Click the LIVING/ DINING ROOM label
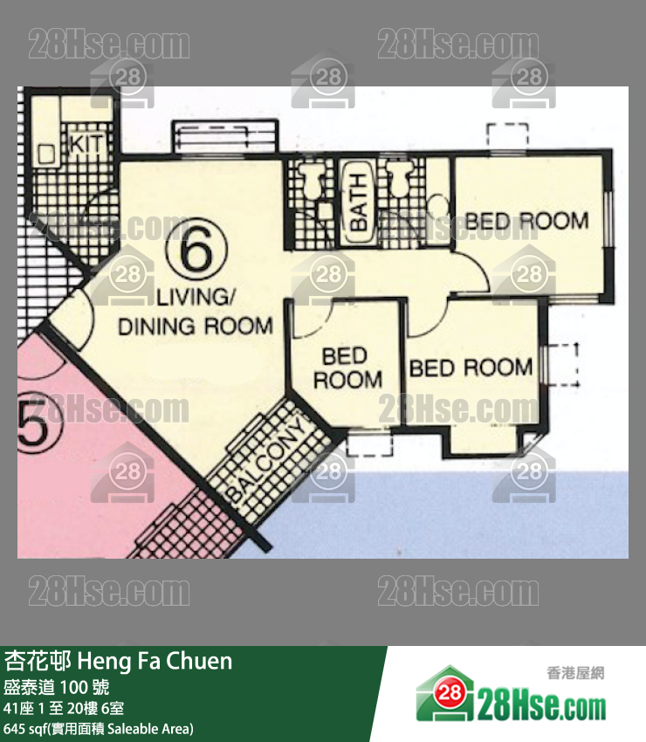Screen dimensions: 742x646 pos(196,313)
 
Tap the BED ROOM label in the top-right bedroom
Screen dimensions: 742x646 pos(526,221)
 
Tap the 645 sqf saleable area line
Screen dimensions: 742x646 pos(99,728)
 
